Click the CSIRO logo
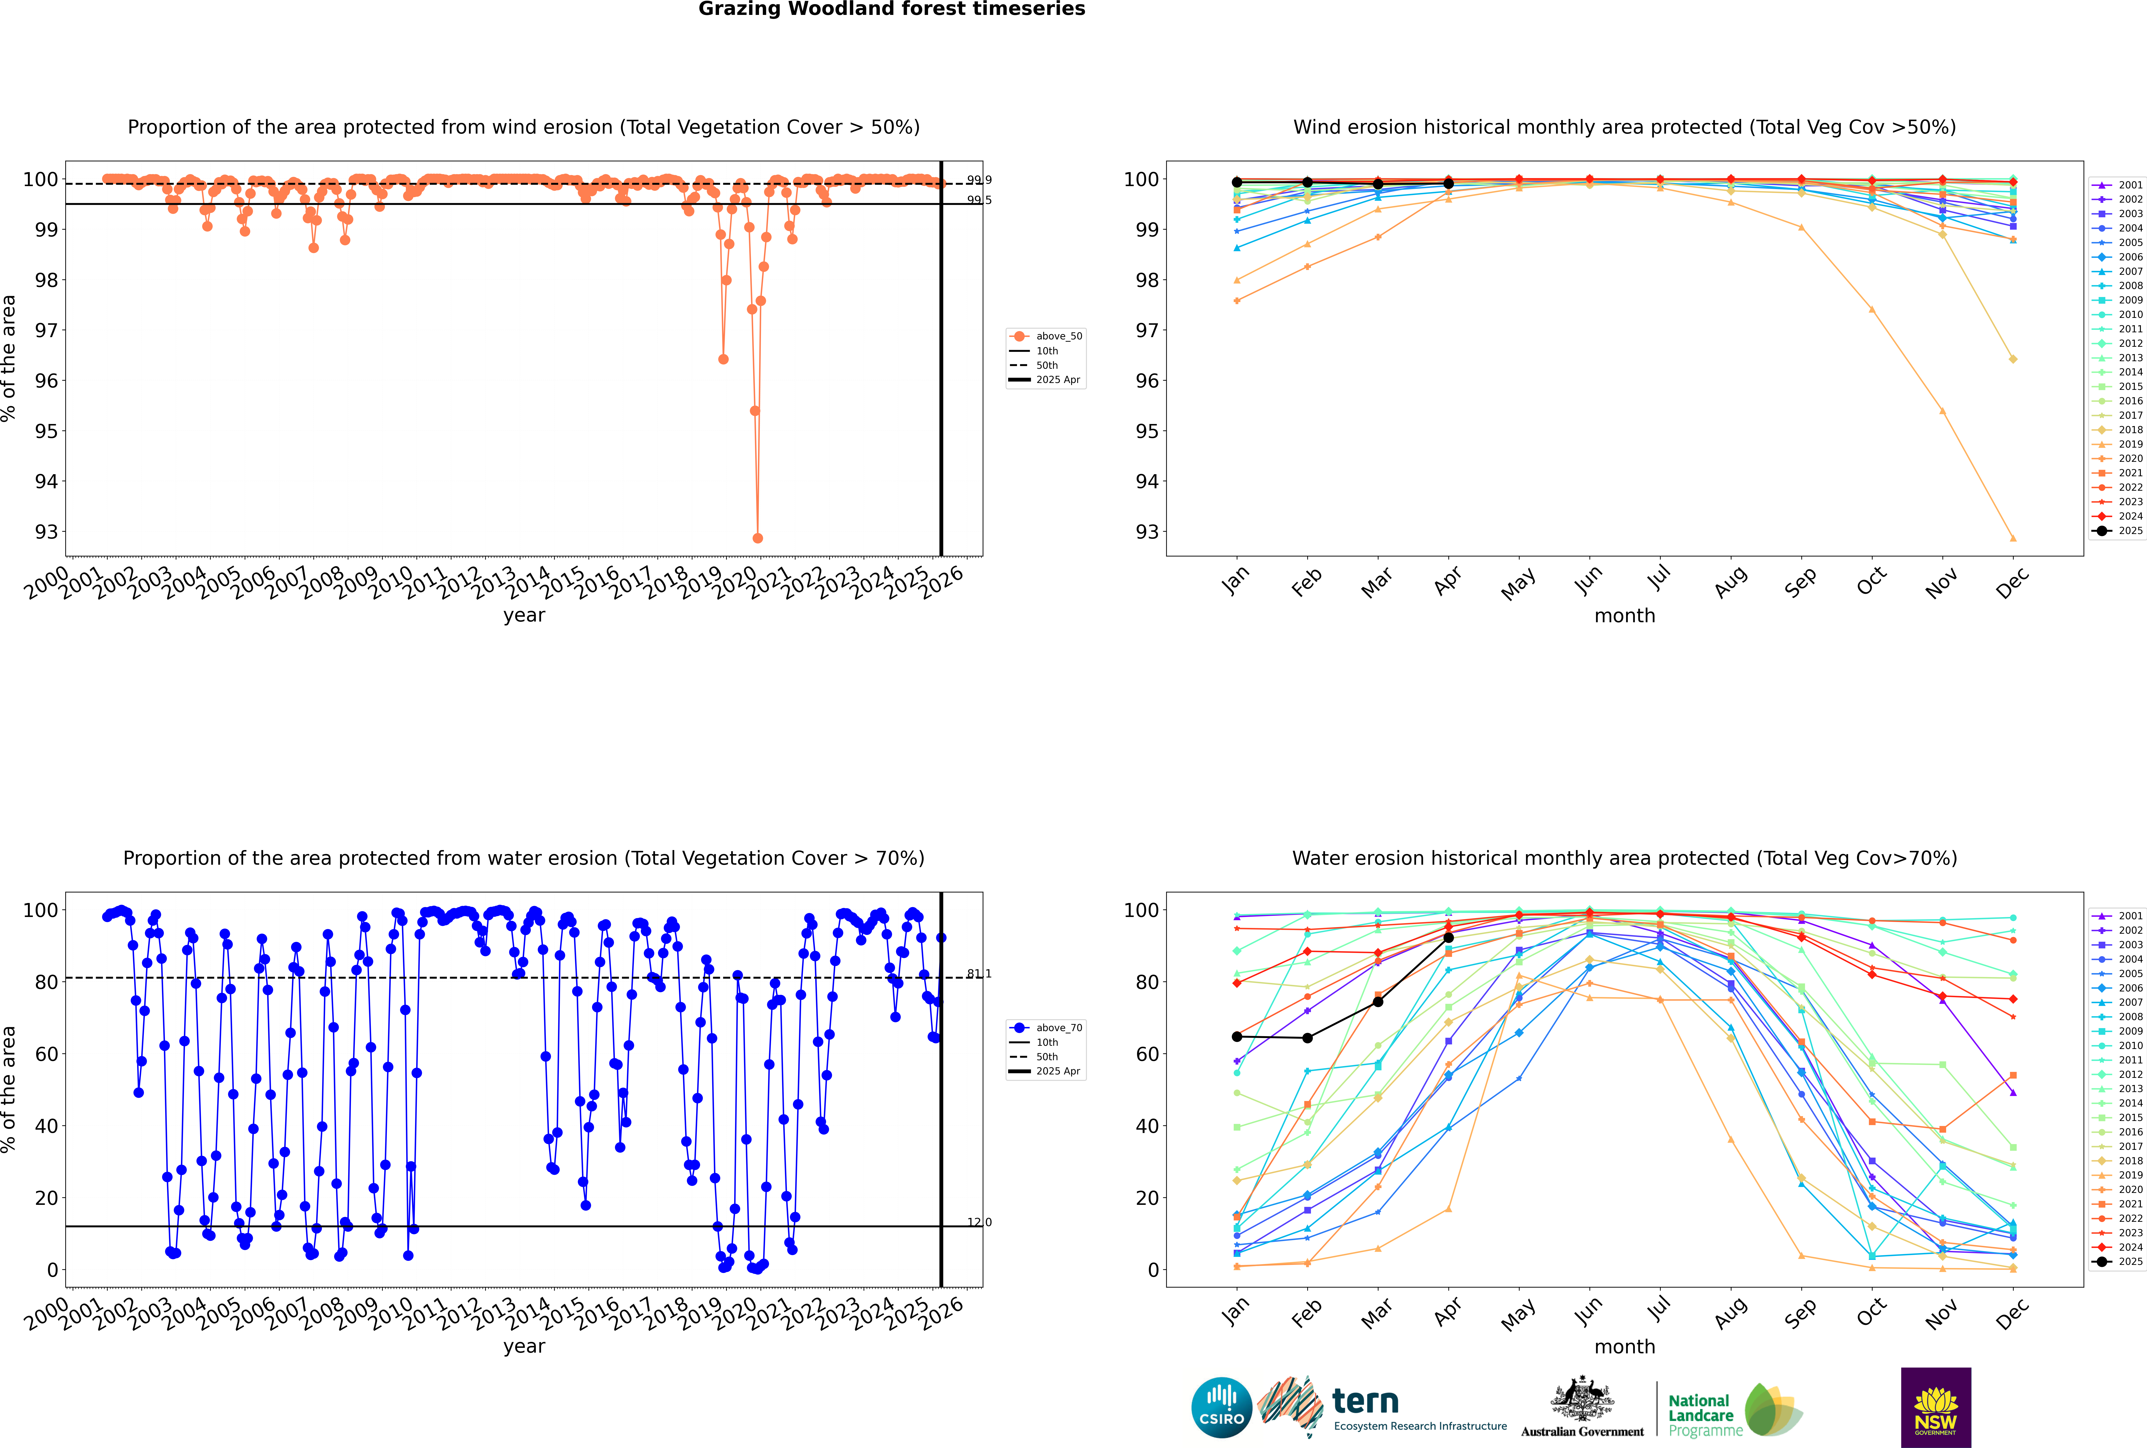pyautogui.click(x=1221, y=1407)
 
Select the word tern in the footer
pyautogui.click(x=1365, y=1402)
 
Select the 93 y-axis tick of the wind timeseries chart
pyautogui.click(x=46, y=532)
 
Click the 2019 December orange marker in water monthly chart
pyautogui.click(x=2013, y=1269)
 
